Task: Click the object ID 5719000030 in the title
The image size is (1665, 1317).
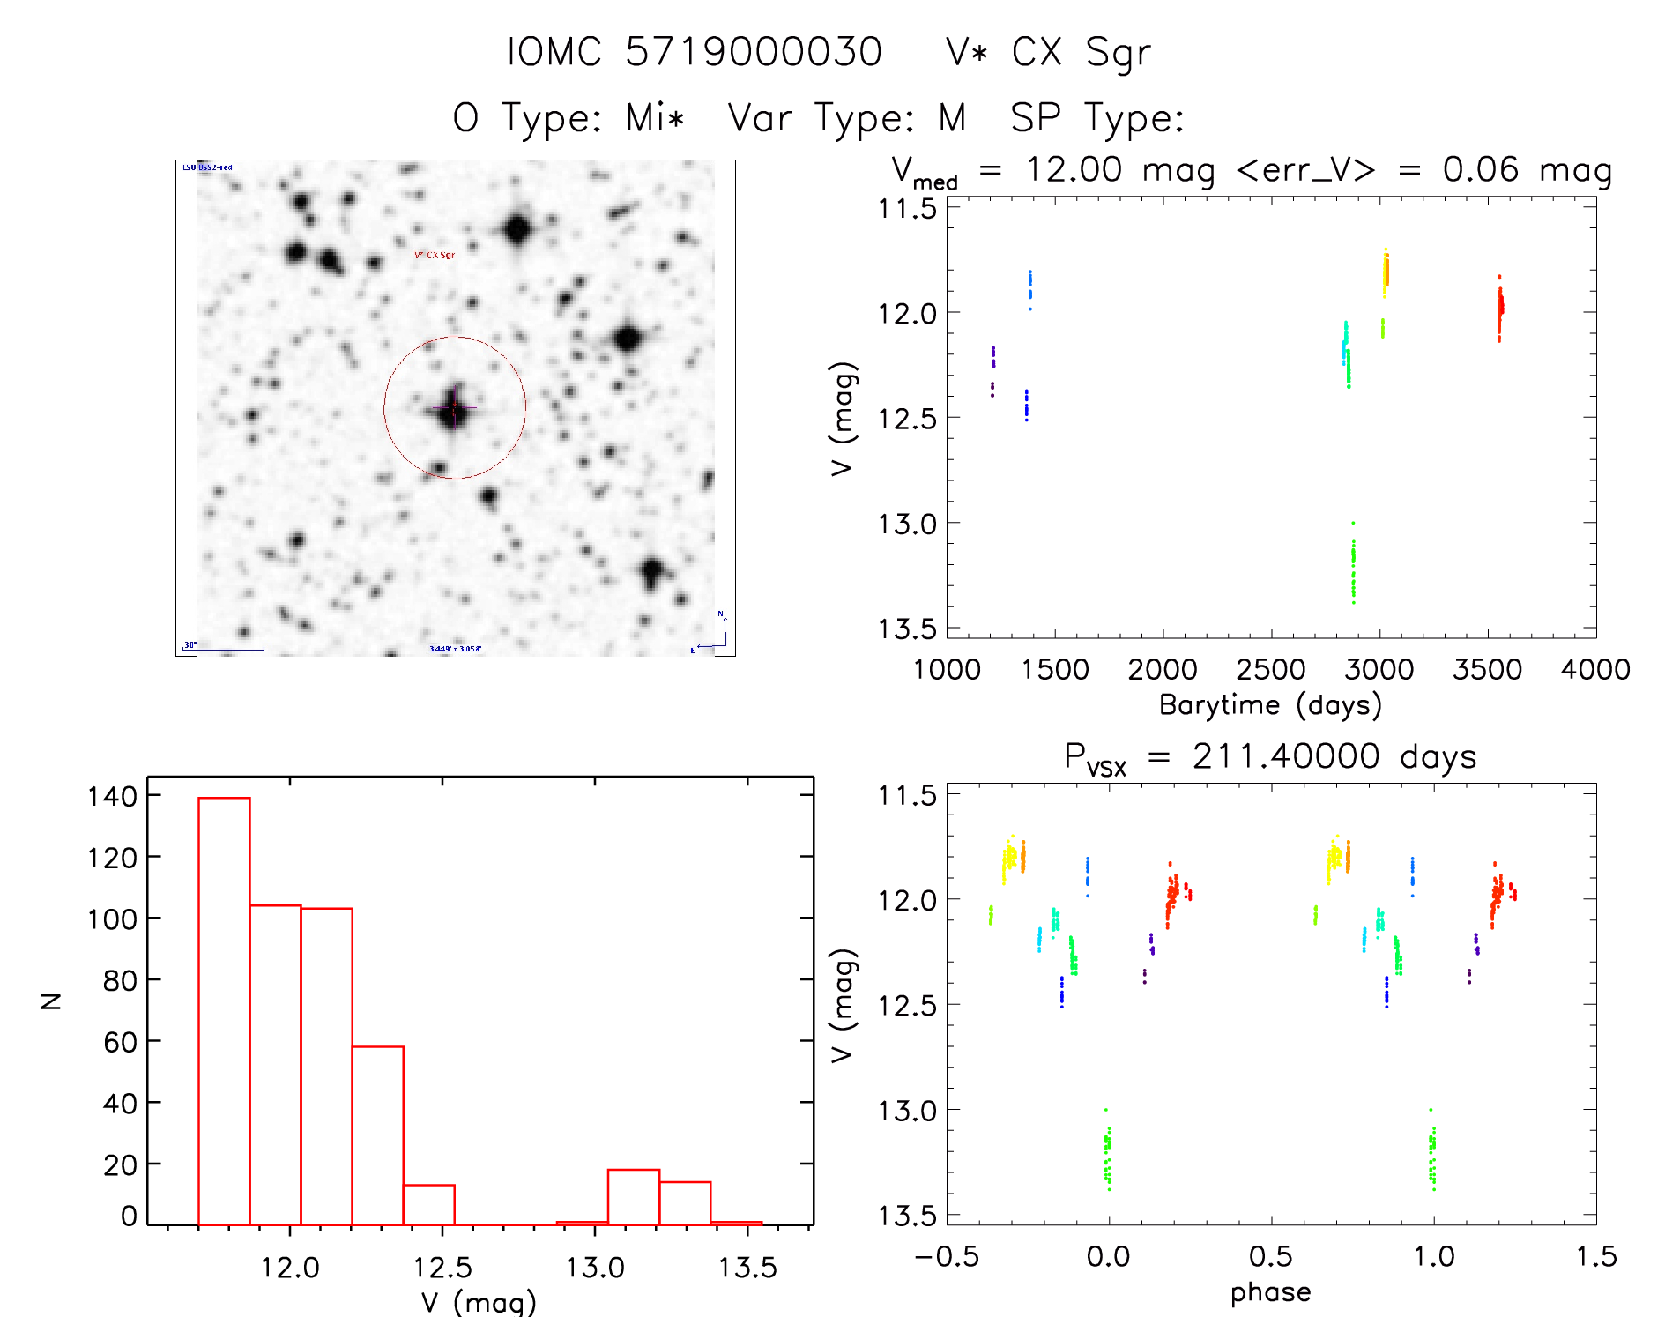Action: pos(753,52)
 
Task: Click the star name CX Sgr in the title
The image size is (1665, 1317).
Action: pos(1081,52)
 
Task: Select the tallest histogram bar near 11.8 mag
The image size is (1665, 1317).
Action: pos(224,1010)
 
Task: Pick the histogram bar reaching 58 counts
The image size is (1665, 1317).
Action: pos(377,1135)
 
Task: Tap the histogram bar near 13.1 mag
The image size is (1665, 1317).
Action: pos(633,1196)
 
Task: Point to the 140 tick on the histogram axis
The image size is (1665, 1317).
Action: pos(113,796)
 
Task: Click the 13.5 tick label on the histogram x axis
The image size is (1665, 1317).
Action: pos(747,1268)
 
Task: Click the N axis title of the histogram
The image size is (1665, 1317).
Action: pos(51,1001)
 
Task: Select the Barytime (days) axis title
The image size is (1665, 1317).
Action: pos(1270,705)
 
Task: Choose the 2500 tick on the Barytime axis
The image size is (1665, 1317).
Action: pos(1270,670)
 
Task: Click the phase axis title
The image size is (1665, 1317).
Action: pos(1270,1292)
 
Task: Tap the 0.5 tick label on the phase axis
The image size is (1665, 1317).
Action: pos(1270,1257)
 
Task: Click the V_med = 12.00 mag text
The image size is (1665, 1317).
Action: pos(1049,170)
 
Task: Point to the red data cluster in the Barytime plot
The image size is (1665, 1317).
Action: pos(1499,309)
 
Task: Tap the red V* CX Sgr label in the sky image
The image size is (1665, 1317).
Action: pos(435,255)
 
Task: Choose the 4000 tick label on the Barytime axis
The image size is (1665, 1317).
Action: pos(1594,670)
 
